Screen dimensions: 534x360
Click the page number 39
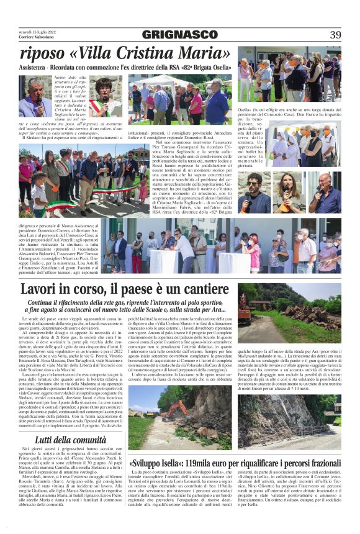(335, 35)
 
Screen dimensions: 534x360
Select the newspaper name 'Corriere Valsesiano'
(34, 38)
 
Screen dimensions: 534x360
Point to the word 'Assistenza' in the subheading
(37, 67)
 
